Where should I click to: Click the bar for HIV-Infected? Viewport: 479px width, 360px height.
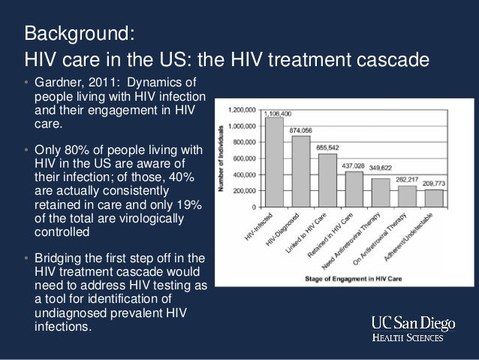coord(274,162)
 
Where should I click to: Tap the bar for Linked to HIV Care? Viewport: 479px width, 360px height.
coord(327,180)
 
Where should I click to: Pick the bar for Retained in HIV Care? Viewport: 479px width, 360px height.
coord(354,189)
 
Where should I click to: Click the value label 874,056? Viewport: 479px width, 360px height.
coord(303,129)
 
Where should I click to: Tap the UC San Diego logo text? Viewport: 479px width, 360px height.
coord(413,323)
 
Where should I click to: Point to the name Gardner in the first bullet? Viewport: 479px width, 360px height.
coord(60,81)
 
